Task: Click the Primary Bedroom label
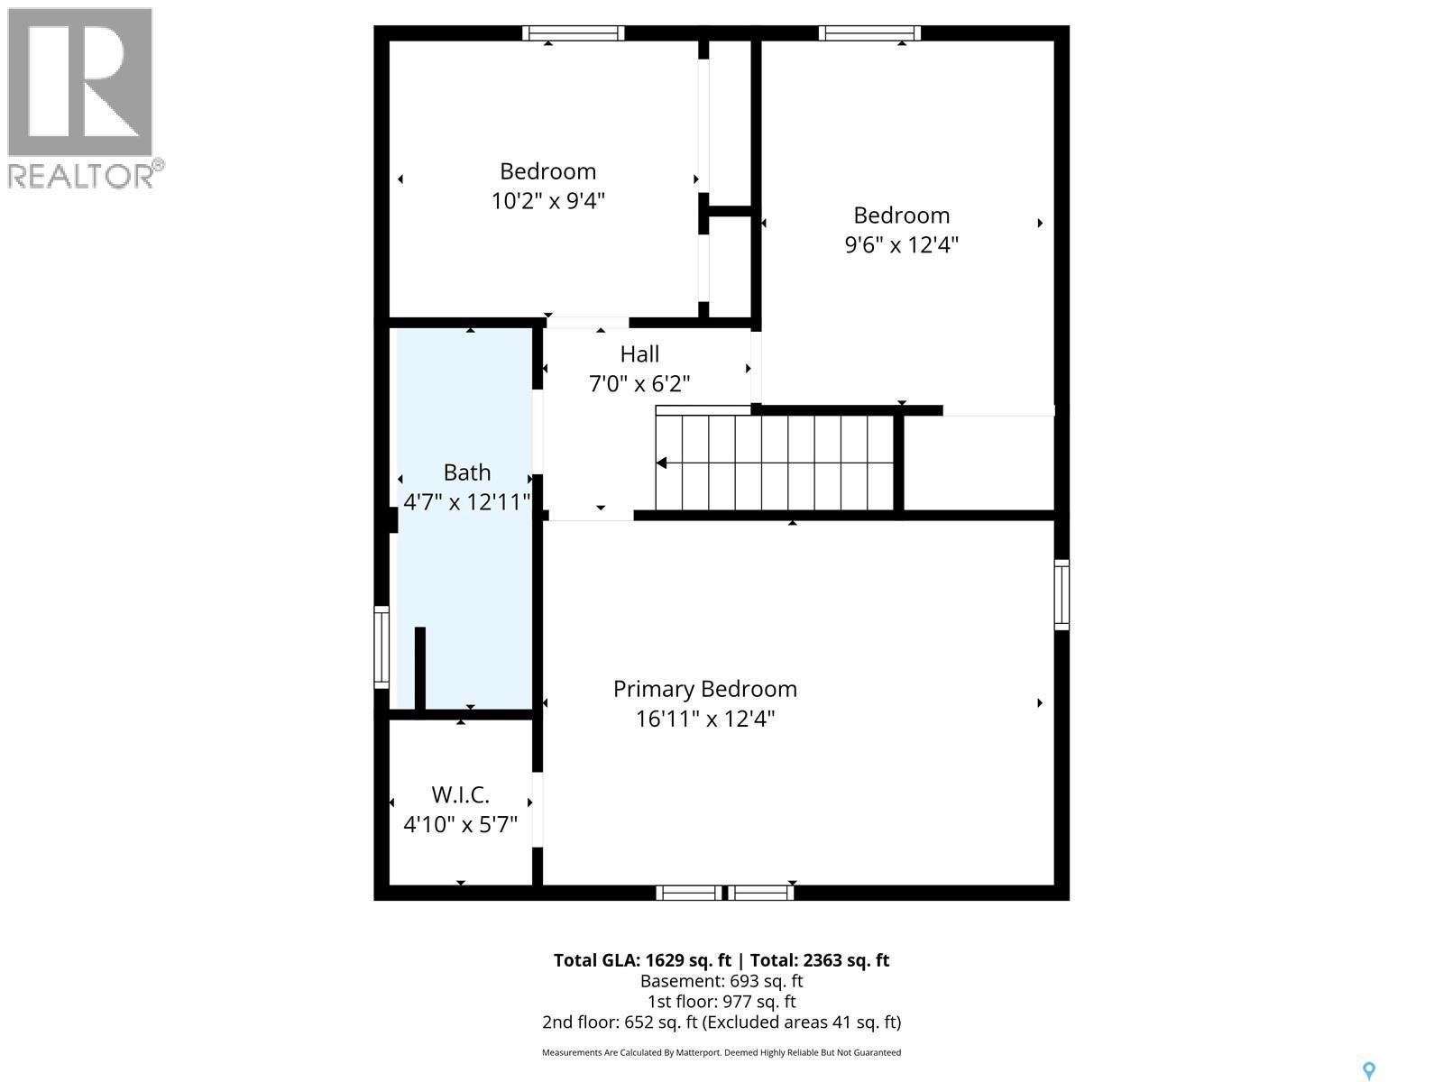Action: coord(704,689)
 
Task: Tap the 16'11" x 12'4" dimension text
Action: coord(704,719)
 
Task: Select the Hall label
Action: coord(639,354)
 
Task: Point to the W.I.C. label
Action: coord(460,795)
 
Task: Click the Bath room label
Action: coord(467,472)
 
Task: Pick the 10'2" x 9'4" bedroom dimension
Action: coord(547,200)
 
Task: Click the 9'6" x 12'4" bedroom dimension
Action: coord(901,244)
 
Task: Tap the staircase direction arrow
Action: coord(662,463)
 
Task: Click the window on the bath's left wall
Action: coord(381,647)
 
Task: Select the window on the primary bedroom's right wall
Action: coord(1062,594)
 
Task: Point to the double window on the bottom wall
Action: coord(724,893)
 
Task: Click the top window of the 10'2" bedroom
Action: coord(574,33)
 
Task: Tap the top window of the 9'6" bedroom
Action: coord(869,33)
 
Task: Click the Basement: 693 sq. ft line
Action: coord(721,981)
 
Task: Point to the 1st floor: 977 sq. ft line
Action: coord(721,1002)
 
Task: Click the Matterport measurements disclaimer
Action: coord(721,1052)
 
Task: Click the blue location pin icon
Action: coord(1368,1070)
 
